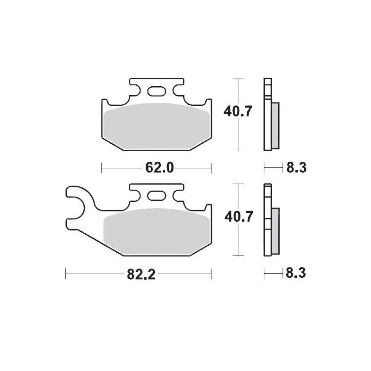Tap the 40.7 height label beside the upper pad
237,112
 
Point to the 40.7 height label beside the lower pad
237,217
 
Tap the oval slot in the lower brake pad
156,196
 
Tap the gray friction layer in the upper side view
276,125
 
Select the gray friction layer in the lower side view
276,230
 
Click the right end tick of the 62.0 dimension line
211,167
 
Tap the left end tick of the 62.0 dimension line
101,167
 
